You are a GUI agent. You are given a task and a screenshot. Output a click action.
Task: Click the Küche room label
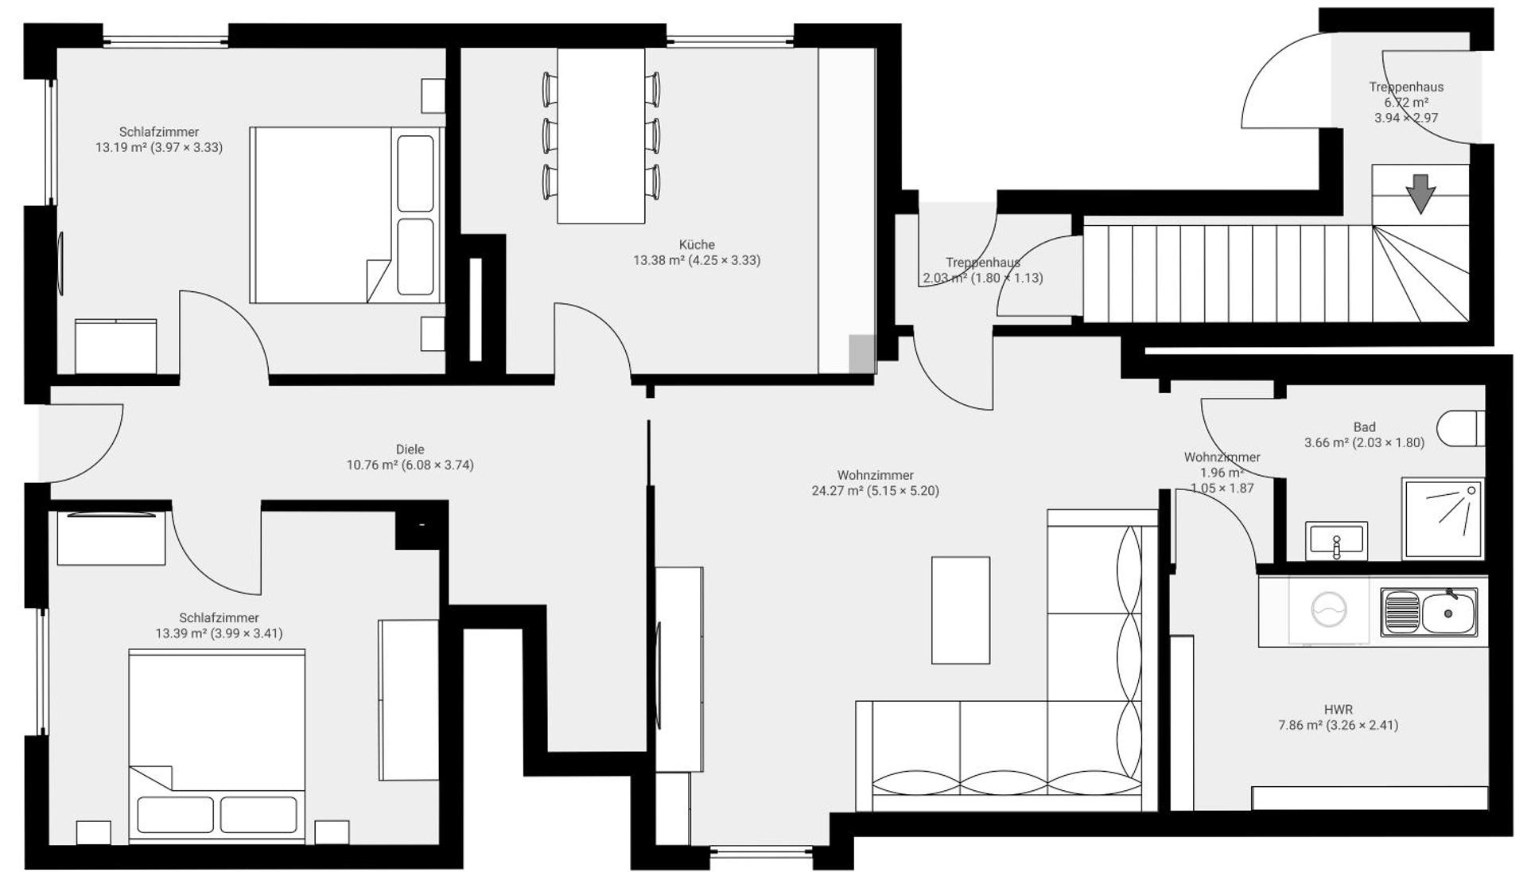[x=697, y=245]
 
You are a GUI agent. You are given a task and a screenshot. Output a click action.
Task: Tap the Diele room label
[x=410, y=450]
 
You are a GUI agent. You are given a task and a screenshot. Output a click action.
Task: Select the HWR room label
[x=1338, y=710]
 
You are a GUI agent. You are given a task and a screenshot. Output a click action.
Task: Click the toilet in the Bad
[x=1462, y=429]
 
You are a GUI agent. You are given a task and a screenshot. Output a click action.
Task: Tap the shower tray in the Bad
[x=1442, y=518]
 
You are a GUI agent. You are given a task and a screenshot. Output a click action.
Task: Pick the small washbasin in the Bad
[x=1336, y=540]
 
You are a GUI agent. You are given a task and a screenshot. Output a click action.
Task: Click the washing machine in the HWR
[x=1329, y=611]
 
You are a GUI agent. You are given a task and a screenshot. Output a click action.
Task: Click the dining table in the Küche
[x=600, y=135]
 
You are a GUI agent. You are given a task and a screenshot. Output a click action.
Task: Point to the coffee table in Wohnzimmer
[x=961, y=610]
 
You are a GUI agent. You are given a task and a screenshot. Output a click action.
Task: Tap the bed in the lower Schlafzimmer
[x=216, y=744]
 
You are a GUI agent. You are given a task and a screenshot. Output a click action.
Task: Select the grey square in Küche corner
[x=861, y=352]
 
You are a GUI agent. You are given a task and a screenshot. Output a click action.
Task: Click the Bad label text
[x=1364, y=427]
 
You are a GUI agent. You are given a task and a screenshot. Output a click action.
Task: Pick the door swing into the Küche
[x=593, y=334]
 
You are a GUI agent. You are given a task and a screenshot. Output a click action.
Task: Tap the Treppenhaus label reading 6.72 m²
[x=1406, y=103]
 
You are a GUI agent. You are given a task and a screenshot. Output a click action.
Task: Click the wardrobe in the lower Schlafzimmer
[x=409, y=700]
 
